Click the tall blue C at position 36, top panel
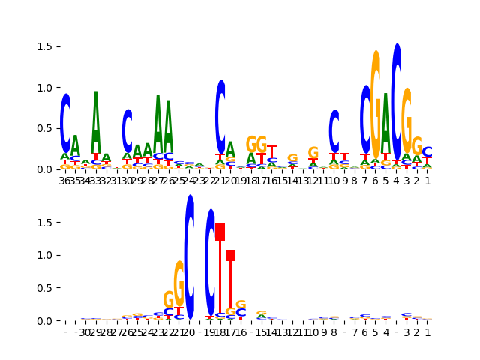[x=65, y=123]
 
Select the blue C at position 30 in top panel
[x=127, y=132]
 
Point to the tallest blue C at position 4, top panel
[x=397, y=100]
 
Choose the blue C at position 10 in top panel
[x=334, y=131]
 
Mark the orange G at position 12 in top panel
[x=313, y=153]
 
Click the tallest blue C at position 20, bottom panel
[x=190, y=257]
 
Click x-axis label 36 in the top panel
[x=65, y=180]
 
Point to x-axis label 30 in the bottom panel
[x=85, y=331]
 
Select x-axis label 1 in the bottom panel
[x=427, y=331]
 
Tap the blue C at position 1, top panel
[x=427, y=152]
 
